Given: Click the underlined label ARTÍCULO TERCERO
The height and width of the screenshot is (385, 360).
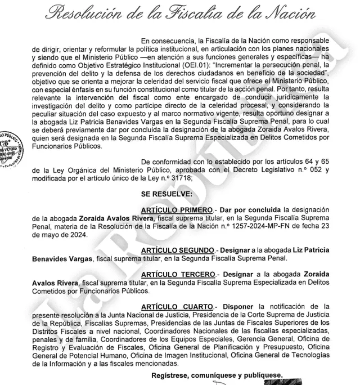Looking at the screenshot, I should click(175, 274).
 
